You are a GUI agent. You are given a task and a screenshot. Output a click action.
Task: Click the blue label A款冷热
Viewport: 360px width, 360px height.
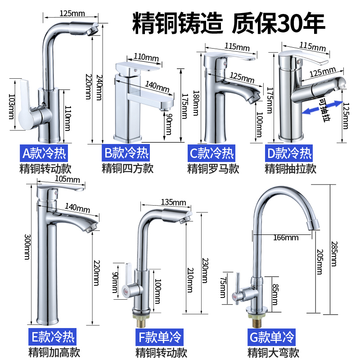pos(44,153)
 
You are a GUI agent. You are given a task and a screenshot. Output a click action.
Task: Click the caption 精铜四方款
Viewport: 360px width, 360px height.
pos(128,169)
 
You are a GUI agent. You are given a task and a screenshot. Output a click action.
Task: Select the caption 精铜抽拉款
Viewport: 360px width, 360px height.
pos(291,169)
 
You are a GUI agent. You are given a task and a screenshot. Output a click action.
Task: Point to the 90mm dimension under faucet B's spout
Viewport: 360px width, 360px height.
pos(168,124)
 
